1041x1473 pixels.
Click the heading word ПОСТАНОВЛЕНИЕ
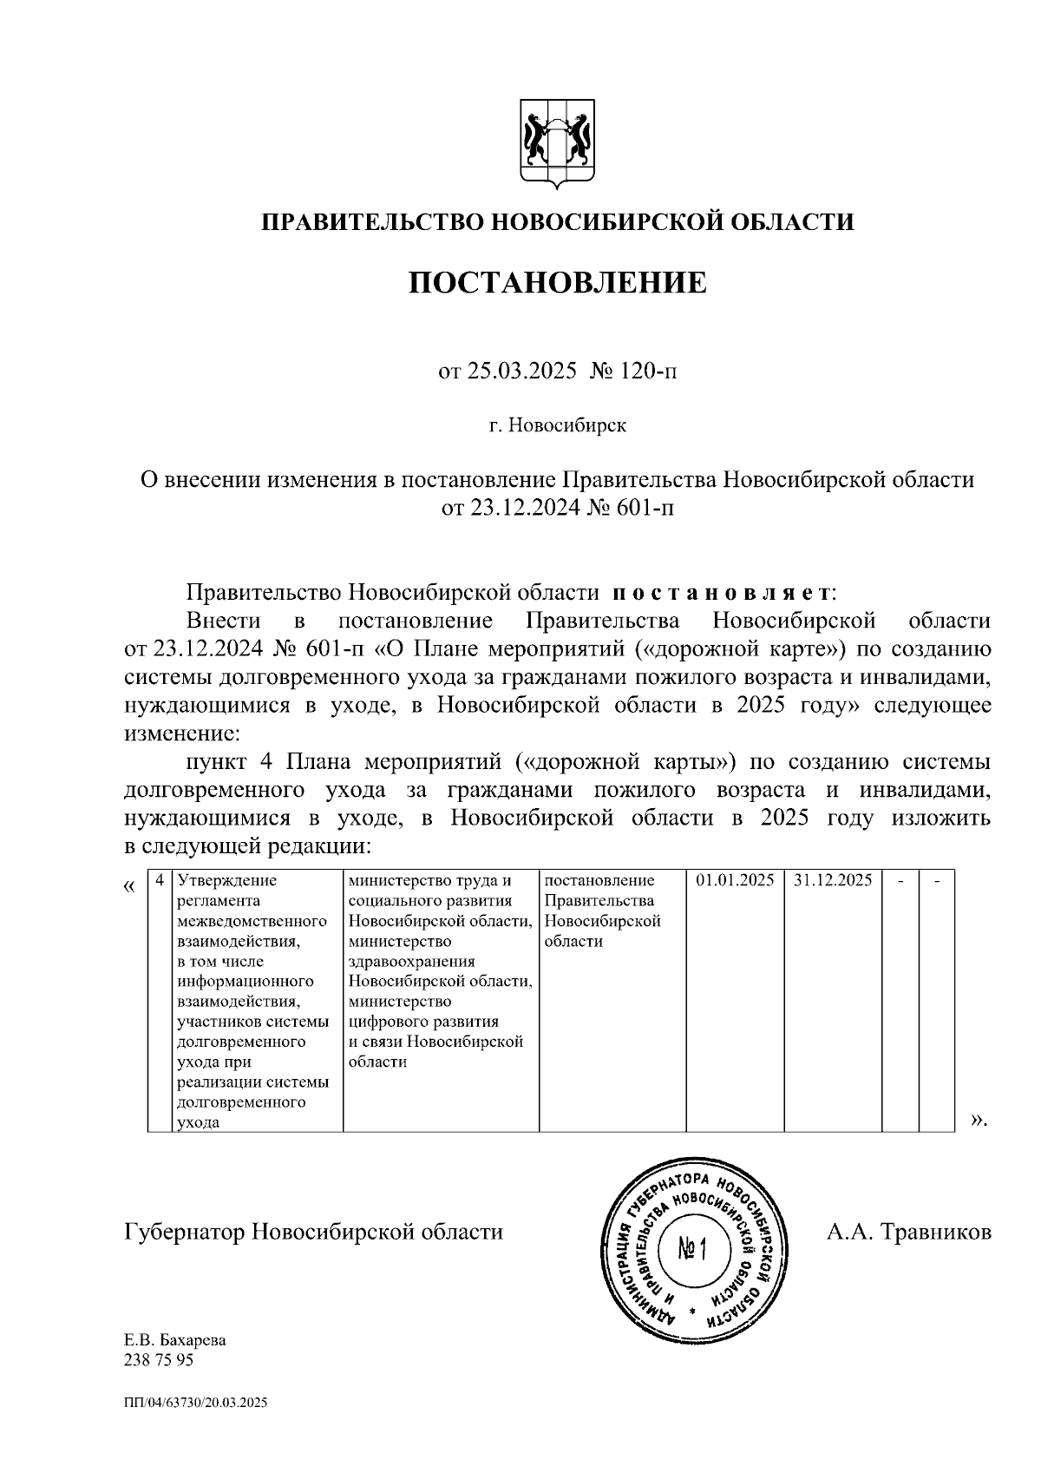coord(558,282)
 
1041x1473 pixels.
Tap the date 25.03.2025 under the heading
coord(520,372)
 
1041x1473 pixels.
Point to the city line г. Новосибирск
coord(557,426)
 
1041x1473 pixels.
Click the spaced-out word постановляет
coord(722,594)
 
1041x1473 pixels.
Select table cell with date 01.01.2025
coord(735,880)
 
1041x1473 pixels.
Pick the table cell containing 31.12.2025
coord(833,880)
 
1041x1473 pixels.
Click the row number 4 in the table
coord(159,880)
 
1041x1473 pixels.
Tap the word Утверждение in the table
coord(227,880)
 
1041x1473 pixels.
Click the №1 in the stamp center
coord(693,1250)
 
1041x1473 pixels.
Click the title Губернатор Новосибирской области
coord(314,1232)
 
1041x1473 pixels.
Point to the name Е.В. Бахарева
coord(175,1339)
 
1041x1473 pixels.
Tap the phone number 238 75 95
coord(160,1359)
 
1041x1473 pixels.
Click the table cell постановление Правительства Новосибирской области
coord(611,911)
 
